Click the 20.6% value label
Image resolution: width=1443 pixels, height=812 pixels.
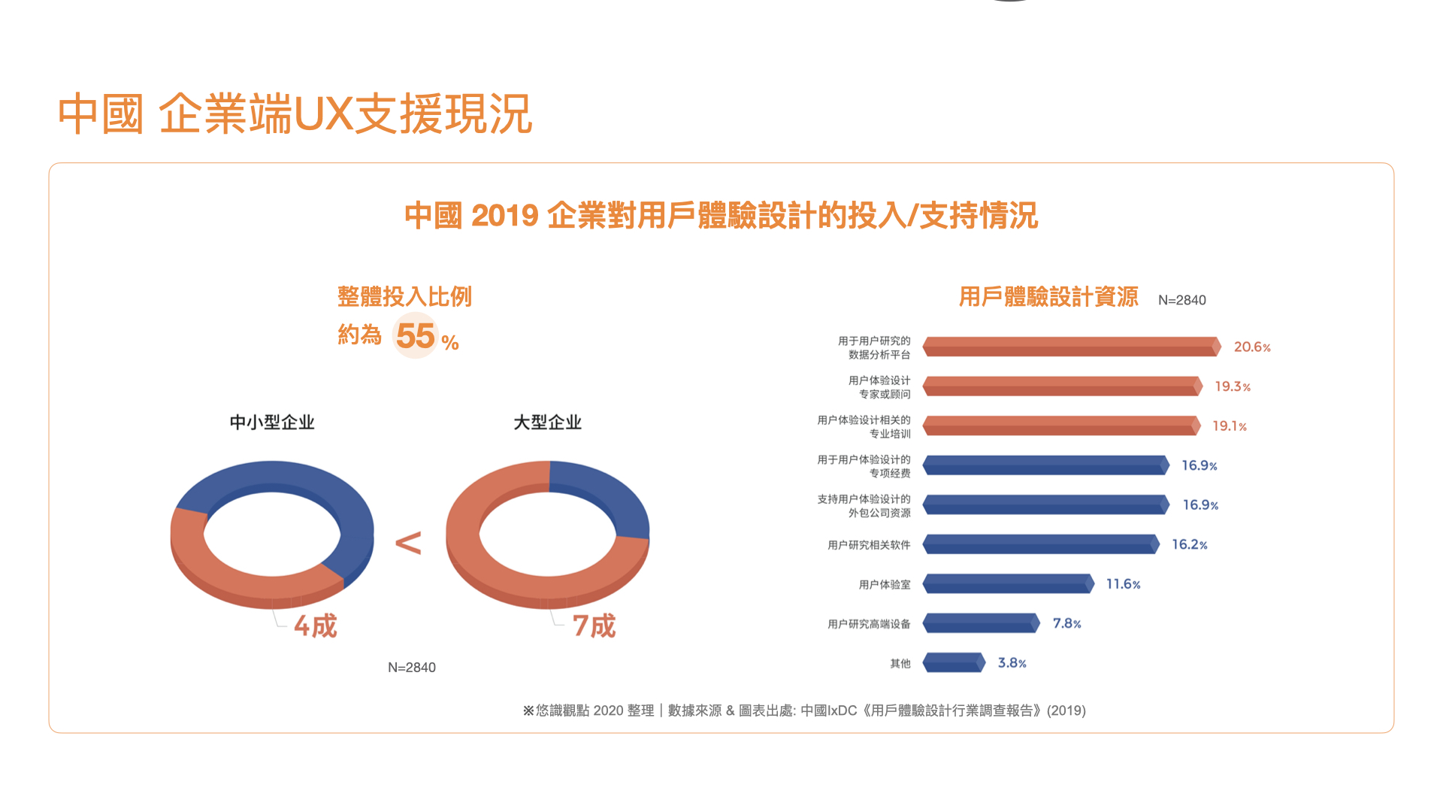[x=1251, y=347]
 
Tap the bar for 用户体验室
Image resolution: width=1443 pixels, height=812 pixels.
[x=1008, y=584]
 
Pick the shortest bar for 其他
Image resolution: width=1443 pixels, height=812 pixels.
[x=953, y=663]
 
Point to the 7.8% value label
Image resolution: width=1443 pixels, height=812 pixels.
[x=1066, y=623]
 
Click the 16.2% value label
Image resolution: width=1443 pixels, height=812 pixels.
[x=1189, y=544]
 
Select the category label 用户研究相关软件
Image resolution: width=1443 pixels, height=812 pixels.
[x=869, y=545]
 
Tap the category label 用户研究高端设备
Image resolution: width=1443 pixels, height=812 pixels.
[x=869, y=624]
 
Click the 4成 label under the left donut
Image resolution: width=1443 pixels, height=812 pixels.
[x=316, y=626]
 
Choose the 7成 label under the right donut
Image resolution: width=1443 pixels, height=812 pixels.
[x=594, y=626]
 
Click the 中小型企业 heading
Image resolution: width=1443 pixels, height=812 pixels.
[x=272, y=423]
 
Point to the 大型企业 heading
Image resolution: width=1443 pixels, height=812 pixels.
[x=547, y=423]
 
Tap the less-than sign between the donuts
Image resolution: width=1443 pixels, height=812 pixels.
[x=408, y=543]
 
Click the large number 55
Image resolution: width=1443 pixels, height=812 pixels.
[x=415, y=336]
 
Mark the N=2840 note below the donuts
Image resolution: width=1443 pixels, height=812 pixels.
[x=411, y=668]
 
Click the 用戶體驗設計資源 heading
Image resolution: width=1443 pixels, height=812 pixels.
[x=1048, y=297]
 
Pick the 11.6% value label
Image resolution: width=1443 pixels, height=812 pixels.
[x=1123, y=584]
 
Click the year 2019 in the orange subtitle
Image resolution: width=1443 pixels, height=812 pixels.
[x=504, y=217]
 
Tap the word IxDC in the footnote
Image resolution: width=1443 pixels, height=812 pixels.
[x=842, y=710]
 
